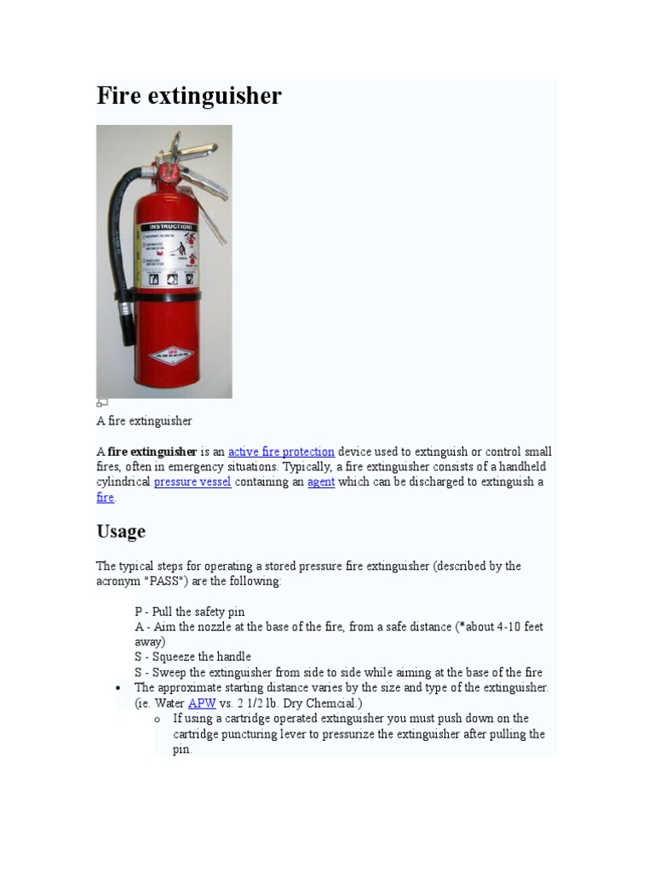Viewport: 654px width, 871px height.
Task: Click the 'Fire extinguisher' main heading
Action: (188, 96)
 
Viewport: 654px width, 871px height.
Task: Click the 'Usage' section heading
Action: (121, 532)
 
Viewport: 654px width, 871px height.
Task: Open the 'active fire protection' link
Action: (281, 452)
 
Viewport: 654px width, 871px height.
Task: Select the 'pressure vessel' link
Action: (192, 482)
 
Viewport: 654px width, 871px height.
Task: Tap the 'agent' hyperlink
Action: (321, 482)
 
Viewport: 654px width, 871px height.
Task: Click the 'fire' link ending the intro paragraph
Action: (105, 498)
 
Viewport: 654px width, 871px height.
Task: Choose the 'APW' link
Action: (202, 703)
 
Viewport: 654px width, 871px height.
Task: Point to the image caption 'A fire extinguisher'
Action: (144, 421)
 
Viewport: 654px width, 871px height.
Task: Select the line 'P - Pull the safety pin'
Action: (189, 612)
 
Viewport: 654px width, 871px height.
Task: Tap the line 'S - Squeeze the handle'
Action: (192, 657)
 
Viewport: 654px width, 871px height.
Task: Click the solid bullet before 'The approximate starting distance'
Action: (118, 688)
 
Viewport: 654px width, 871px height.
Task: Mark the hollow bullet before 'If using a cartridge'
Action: (158, 720)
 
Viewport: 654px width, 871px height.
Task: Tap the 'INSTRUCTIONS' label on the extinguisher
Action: (170, 227)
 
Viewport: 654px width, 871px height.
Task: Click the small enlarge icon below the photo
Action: (101, 402)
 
